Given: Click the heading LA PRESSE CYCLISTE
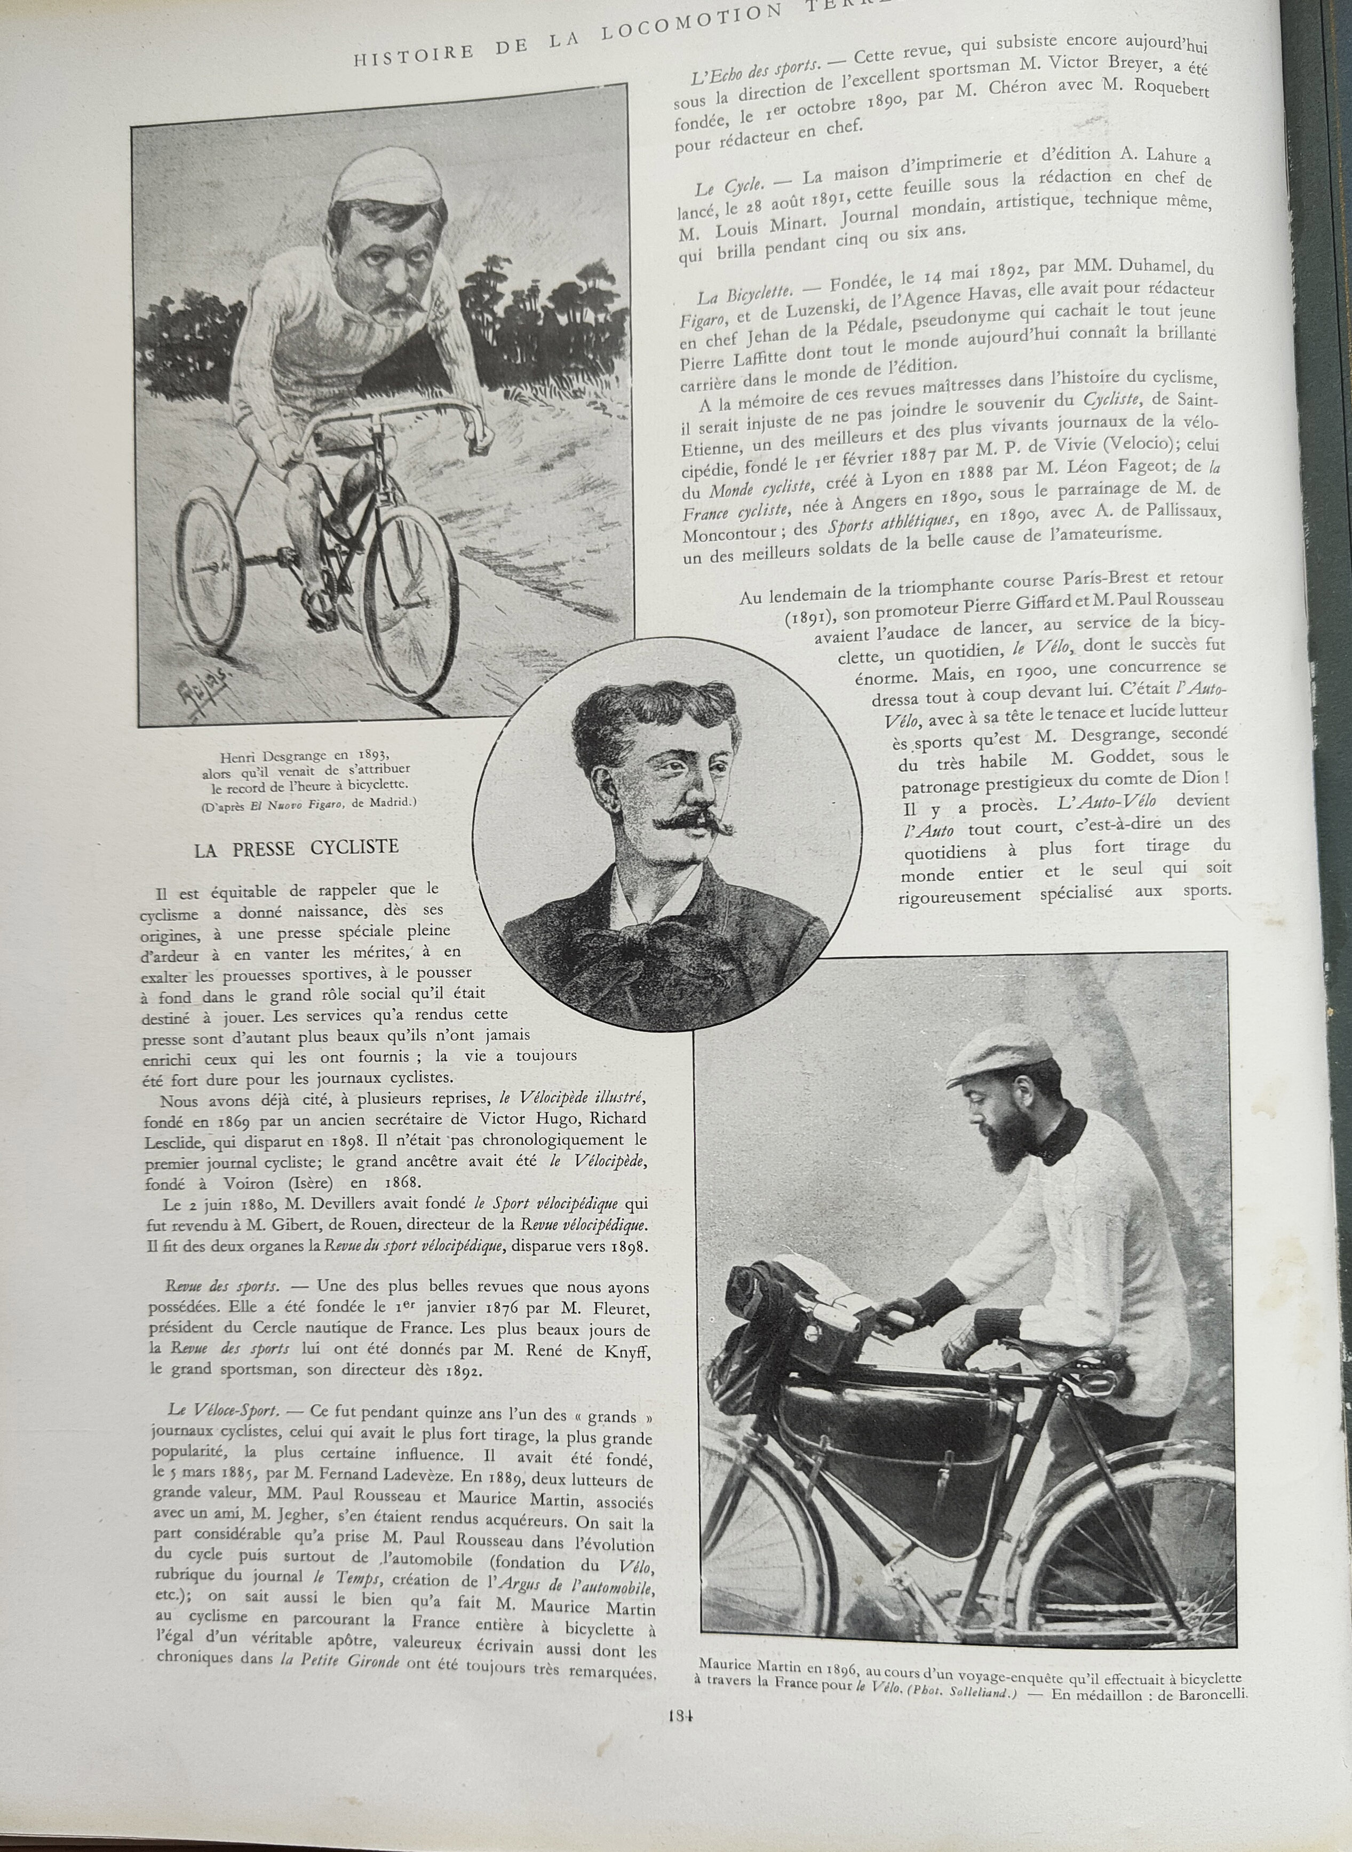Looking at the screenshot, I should (x=296, y=847).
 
